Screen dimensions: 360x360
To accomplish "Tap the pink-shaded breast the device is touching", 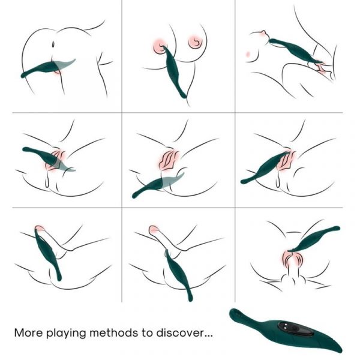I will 158,44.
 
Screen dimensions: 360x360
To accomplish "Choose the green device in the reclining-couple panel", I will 294,50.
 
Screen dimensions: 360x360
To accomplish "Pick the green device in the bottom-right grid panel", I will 315,238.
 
